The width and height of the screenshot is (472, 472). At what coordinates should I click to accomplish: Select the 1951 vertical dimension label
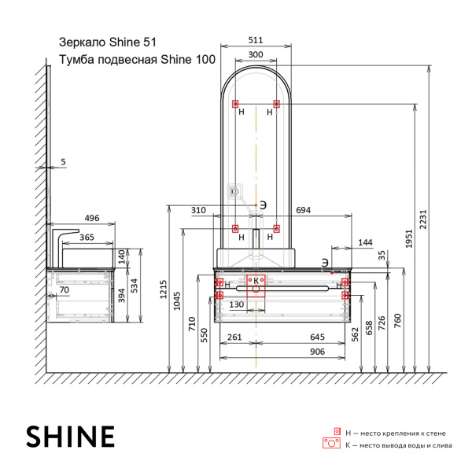(x=409, y=244)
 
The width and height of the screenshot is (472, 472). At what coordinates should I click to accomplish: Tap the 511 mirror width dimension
(x=255, y=41)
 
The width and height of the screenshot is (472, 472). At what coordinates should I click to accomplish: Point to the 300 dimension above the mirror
(x=255, y=55)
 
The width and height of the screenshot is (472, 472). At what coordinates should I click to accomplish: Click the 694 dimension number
(x=303, y=211)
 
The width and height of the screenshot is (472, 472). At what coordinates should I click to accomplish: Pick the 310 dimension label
(x=198, y=211)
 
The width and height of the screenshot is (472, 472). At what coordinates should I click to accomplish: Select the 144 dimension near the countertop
(x=364, y=242)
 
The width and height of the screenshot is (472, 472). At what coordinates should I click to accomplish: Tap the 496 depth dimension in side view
(x=92, y=218)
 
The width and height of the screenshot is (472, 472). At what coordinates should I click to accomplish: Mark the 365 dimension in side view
(x=87, y=236)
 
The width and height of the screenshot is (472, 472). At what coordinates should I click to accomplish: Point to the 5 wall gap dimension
(x=64, y=162)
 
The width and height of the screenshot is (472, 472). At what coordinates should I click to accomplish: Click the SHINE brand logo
(x=71, y=436)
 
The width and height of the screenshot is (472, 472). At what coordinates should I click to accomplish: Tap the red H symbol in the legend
(x=337, y=432)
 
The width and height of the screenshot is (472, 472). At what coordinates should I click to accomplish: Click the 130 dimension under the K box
(x=236, y=304)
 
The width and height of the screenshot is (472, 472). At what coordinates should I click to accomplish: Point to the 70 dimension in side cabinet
(x=64, y=290)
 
